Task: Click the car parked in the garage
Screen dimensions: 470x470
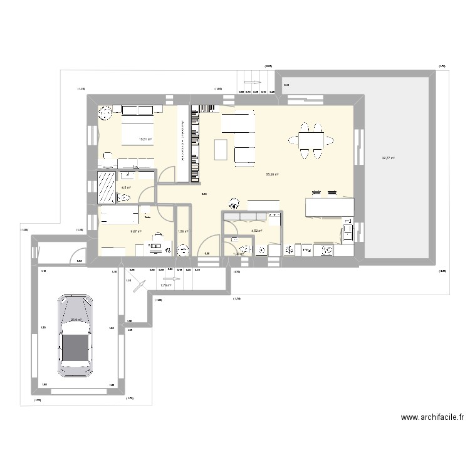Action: point(75,335)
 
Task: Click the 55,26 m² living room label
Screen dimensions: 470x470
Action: point(272,175)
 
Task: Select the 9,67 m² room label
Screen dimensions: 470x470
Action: point(135,231)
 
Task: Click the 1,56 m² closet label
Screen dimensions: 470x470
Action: point(183,231)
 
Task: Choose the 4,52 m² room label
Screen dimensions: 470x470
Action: point(256,231)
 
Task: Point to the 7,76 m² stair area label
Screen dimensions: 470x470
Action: point(165,285)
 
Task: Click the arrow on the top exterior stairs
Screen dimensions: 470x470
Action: point(253,82)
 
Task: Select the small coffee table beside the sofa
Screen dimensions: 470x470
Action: point(221,149)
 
